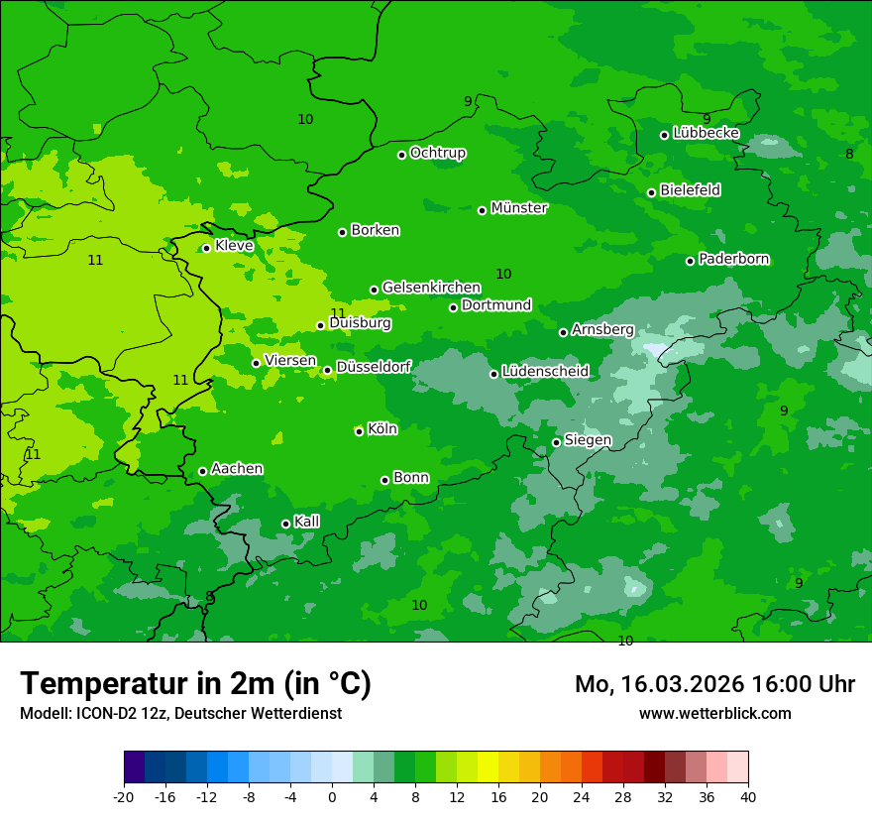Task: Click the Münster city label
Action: (x=519, y=208)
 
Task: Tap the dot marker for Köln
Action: (x=359, y=431)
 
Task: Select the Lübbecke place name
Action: (x=706, y=133)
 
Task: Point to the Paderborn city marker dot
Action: (x=691, y=261)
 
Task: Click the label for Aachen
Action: (x=237, y=469)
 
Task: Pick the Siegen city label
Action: (x=588, y=440)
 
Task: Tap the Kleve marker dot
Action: (x=206, y=248)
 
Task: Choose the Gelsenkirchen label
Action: (x=431, y=288)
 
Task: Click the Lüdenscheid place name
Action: (x=545, y=372)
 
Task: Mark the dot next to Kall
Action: (x=285, y=524)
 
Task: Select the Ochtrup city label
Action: (x=438, y=153)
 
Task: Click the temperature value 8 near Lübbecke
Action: (x=849, y=154)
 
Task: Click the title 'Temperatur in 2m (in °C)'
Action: (x=195, y=683)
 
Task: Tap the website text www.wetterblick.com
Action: (x=714, y=713)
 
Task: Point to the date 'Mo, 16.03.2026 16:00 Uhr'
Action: (x=714, y=684)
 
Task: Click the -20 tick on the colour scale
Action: (x=124, y=796)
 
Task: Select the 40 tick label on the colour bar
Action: (x=748, y=796)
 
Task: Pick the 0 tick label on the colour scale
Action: (x=332, y=796)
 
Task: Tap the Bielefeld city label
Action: (x=690, y=190)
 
